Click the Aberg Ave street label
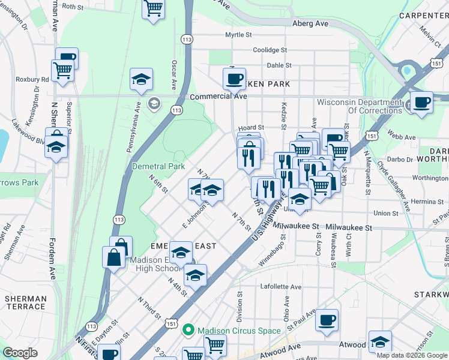pyautogui.click(x=310, y=23)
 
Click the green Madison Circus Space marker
pyautogui.click(x=188, y=330)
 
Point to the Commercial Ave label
pyautogui.click(x=218, y=96)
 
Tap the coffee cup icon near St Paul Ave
pyautogui.click(x=327, y=319)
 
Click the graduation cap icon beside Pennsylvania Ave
pyautogui.click(x=141, y=79)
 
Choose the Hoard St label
pyautogui.click(x=251, y=128)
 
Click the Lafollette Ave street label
pyautogui.click(x=281, y=287)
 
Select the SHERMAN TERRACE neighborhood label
pyautogui.click(x=25, y=302)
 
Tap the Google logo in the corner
pyautogui.click(x=20, y=353)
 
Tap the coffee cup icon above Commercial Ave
pyautogui.click(x=234, y=78)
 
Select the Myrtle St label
pyautogui.click(x=237, y=35)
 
